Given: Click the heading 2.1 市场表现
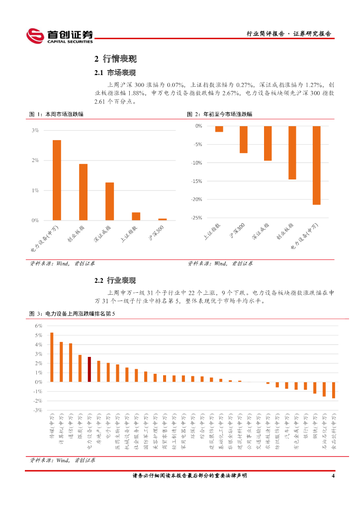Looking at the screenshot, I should pyautogui.click(x=115, y=73).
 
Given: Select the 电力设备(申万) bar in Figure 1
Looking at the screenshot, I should pyautogui.click(x=57, y=180).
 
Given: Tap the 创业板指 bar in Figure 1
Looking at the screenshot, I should pyautogui.click(x=83, y=192).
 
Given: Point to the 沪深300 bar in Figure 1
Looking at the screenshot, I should pyautogui.click(x=163, y=219).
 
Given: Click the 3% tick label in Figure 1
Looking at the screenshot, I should pyautogui.click(x=35, y=130).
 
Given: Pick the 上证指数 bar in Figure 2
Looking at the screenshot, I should pyautogui.click(x=219, y=129).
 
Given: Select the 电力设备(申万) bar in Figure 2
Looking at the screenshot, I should pyautogui.click(x=316, y=165).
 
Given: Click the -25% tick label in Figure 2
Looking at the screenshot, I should pyautogui.click(x=196, y=218).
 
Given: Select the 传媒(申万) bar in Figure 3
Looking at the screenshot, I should pyautogui.click(x=52, y=357).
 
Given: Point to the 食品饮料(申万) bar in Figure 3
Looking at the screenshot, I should pyautogui.click(x=334, y=390).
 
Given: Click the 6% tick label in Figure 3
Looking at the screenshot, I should pyautogui.click(x=38, y=326).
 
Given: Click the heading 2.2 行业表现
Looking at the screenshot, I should pyautogui.click(x=115, y=281).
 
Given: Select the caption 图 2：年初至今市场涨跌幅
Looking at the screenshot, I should pyautogui.click(x=220, y=114).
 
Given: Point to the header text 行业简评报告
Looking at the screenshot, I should pyautogui.click(x=266, y=34).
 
